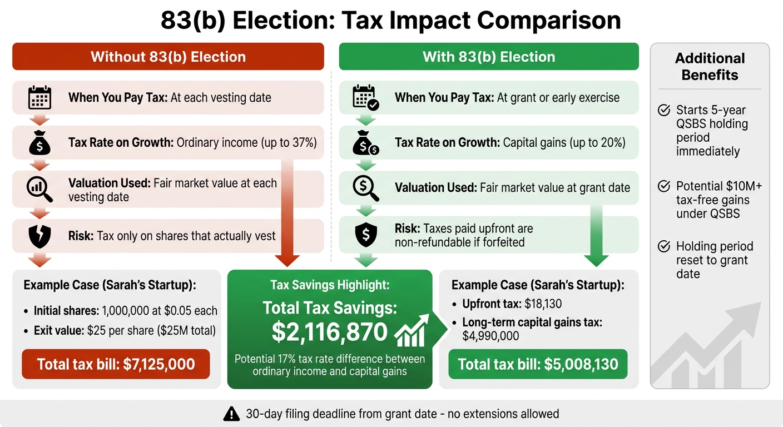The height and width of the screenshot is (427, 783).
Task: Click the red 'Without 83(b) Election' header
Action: coord(168,57)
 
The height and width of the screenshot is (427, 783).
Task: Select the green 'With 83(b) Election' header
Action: coord(488,57)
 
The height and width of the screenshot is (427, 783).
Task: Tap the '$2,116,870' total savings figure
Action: coord(329,332)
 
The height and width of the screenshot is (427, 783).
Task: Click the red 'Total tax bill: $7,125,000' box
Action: coord(116,364)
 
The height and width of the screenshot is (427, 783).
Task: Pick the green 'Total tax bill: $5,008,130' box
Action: coord(538,364)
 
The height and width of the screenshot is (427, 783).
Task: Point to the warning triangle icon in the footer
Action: coord(231,414)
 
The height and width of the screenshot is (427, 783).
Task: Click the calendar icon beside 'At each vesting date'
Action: coord(39,98)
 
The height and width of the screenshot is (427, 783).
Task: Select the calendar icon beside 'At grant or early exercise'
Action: coord(365,98)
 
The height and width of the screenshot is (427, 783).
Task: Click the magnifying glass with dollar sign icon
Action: coord(365,188)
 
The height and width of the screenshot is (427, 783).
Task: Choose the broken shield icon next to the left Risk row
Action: coord(39,236)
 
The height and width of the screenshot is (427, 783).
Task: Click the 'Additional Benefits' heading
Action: coord(710,67)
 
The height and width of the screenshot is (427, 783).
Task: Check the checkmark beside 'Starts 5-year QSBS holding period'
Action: coord(664,110)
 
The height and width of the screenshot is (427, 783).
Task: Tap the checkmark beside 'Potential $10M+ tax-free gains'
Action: coord(664,186)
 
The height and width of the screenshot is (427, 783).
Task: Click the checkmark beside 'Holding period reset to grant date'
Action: coord(664,246)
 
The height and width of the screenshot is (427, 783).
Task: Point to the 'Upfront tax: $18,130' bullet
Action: coord(512,304)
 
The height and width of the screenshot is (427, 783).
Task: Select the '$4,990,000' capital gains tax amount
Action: coord(490,336)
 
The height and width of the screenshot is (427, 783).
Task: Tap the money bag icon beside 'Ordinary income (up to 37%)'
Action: coord(39,143)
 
